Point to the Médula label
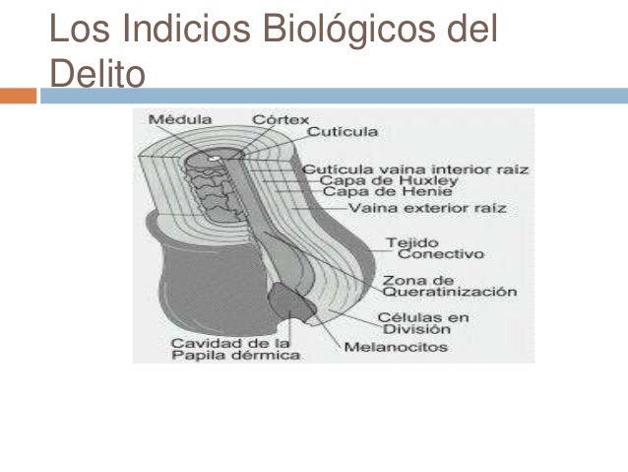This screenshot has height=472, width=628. pyautogui.click(x=180, y=119)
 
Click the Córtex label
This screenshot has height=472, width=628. pyautogui.click(x=281, y=119)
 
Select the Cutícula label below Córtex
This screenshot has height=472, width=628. pyautogui.click(x=343, y=131)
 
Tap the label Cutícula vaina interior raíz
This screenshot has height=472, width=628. pyautogui.click(x=415, y=169)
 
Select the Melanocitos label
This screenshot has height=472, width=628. pyautogui.click(x=395, y=347)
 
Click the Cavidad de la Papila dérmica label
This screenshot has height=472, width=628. pyautogui.click(x=221, y=348)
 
